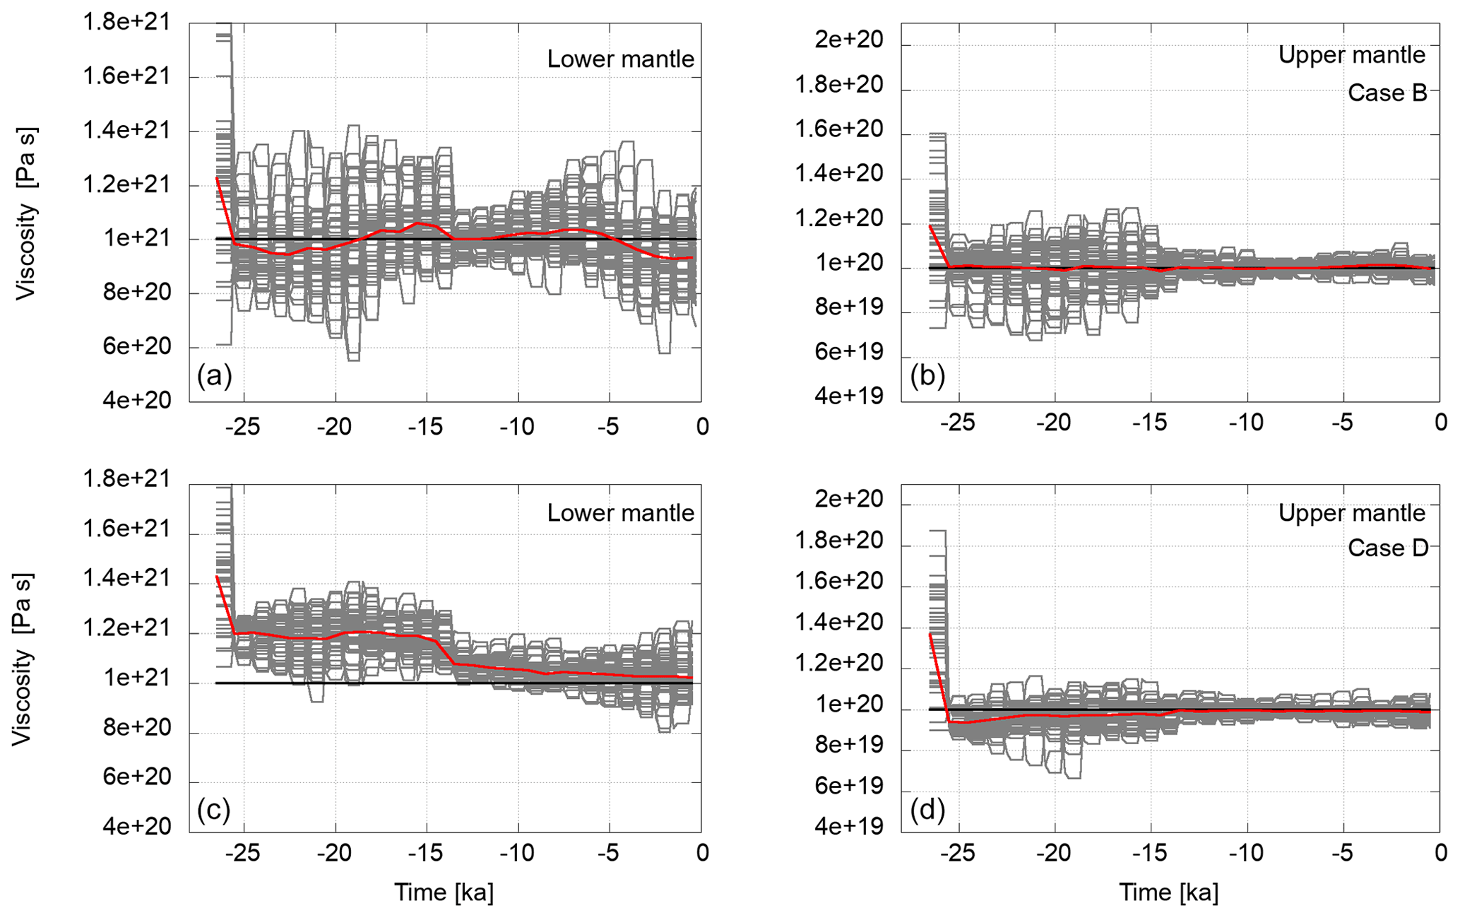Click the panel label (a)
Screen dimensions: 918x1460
(x=214, y=376)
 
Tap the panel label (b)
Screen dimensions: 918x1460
(x=927, y=376)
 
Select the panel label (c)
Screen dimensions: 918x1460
(x=214, y=810)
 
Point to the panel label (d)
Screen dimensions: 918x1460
(x=927, y=810)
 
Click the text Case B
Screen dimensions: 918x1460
(x=1387, y=93)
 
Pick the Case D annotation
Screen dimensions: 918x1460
(x=1387, y=548)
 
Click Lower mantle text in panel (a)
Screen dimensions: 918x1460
(x=620, y=59)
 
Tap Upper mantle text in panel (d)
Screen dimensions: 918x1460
(x=1351, y=513)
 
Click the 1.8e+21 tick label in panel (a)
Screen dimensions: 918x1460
(x=127, y=23)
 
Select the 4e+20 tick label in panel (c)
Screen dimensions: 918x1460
(x=137, y=826)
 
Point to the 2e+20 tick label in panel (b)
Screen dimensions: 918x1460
(x=848, y=40)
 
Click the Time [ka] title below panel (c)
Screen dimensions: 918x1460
(x=444, y=893)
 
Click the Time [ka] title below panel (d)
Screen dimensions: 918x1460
(x=1168, y=893)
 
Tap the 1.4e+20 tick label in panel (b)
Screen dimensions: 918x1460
(x=838, y=174)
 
